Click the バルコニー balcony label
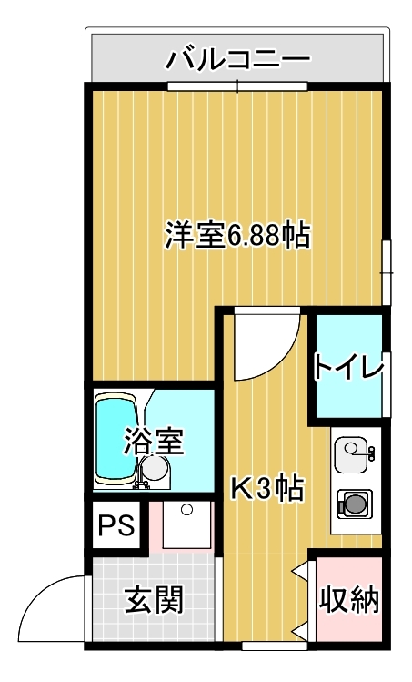[237, 58]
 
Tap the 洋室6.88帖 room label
[237, 235]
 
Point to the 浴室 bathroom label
[155, 441]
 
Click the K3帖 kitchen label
[266, 488]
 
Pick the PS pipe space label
[116, 525]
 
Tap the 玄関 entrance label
[155, 599]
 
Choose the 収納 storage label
[349, 600]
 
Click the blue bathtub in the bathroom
[116, 439]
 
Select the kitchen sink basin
[350, 455]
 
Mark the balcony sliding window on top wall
[237, 87]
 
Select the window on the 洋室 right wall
[386, 273]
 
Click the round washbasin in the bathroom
[156, 468]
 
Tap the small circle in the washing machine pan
[186, 509]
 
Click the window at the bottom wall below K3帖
[275, 646]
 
